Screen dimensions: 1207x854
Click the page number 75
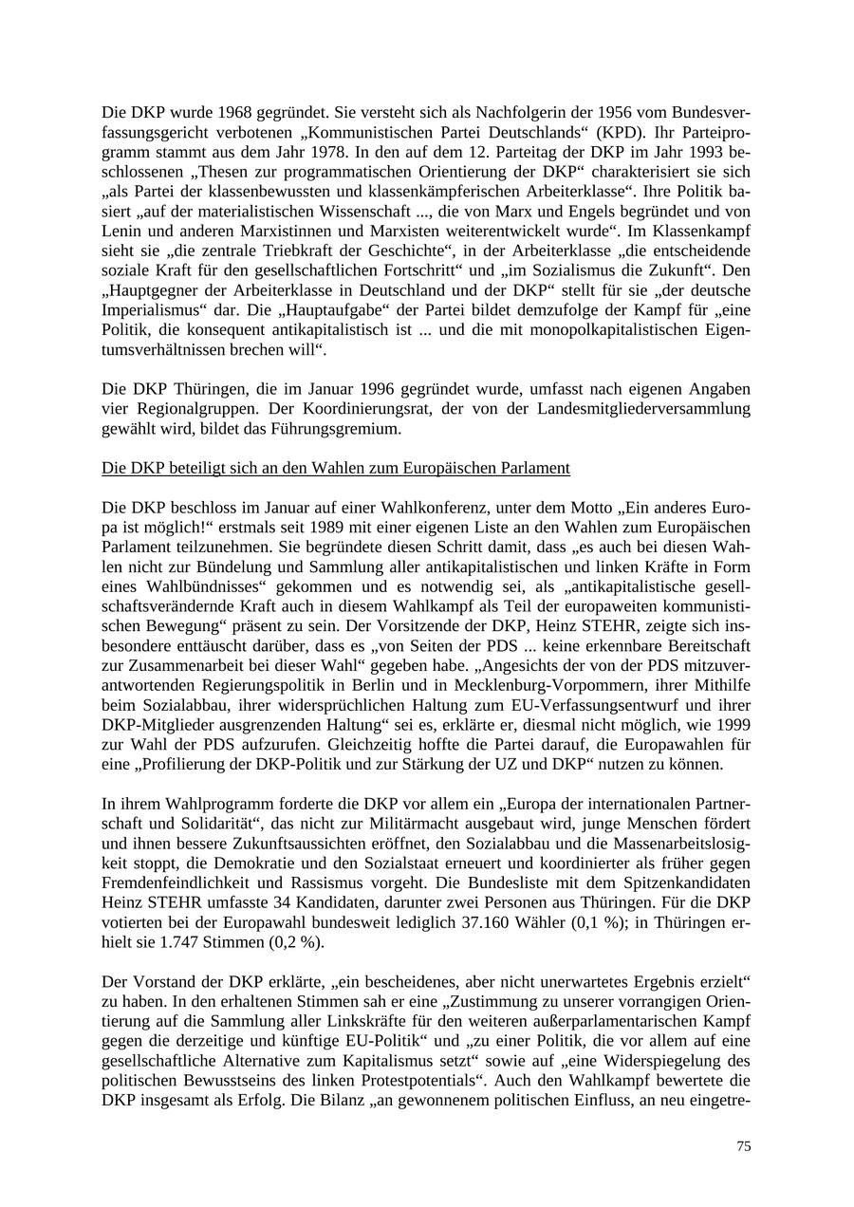click(743, 1146)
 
